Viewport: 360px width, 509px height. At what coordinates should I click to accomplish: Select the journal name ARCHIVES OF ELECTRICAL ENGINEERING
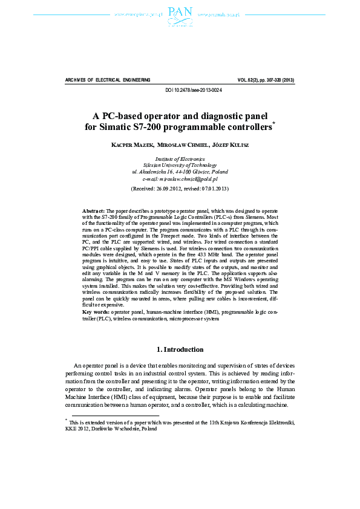pyautogui.click(x=107, y=80)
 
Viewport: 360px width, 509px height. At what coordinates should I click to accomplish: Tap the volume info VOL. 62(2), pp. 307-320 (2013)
pyautogui.click(x=266, y=80)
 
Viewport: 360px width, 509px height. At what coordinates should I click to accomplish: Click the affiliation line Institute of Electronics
pyautogui.click(x=180, y=158)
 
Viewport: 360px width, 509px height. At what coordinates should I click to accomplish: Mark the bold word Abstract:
pyautogui.click(x=94, y=210)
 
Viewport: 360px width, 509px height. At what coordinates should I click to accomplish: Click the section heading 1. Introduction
pyautogui.click(x=180, y=349)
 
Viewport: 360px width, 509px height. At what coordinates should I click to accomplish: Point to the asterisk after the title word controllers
pyautogui.click(x=273, y=123)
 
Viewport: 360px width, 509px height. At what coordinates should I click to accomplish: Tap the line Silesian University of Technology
pyautogui.click(x=180, y=165)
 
